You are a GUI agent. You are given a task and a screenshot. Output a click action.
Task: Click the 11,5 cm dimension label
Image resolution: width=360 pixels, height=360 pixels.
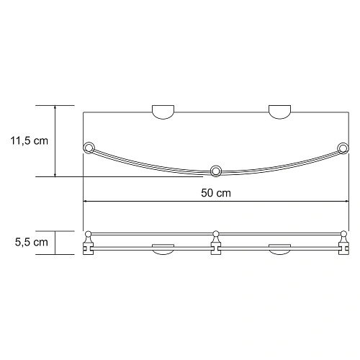(30, 141)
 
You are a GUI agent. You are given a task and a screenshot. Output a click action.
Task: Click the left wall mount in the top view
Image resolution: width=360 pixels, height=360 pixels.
(163, 111)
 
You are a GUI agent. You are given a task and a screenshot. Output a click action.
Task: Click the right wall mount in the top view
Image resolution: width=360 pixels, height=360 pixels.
(280, 111)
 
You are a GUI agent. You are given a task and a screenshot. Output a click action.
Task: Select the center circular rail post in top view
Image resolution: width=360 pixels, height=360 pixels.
(215, 171)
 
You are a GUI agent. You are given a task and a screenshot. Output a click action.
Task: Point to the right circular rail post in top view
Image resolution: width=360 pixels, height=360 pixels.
(342, 150)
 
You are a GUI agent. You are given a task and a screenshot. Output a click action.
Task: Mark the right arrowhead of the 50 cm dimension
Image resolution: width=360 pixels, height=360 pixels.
(344, 202)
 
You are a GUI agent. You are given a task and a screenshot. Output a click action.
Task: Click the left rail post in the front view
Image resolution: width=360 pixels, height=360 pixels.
(89, 243)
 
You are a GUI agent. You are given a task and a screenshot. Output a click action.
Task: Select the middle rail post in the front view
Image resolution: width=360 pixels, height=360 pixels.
(215, 243)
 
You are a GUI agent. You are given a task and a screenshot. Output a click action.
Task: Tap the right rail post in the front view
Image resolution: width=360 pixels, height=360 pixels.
(343, 243)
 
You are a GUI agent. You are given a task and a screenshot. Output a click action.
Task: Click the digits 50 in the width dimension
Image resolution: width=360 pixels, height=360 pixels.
(208, 194)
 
